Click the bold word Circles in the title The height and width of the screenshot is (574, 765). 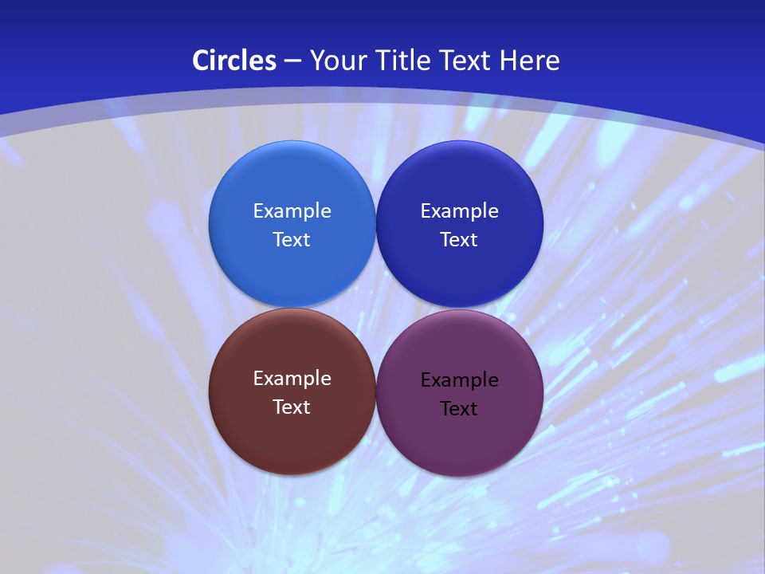pos(234,61)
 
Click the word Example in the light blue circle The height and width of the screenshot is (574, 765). pos(292,211)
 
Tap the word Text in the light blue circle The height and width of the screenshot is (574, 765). pos(292,240)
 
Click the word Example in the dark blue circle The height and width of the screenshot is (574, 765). pos(459,211)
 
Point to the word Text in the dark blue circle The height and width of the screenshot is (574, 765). pos(459,240)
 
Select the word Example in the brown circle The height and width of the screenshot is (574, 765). pos(292,379)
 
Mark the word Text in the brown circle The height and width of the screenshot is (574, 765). pos(292,407)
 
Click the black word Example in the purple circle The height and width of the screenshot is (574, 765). pos(459,380)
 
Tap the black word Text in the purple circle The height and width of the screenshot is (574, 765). pos(459,409)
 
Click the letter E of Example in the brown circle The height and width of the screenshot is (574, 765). pos(258,379)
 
